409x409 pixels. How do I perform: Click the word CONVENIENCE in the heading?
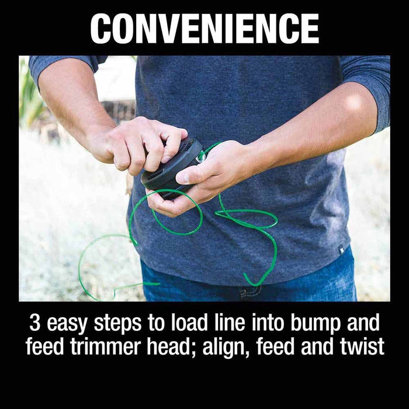pyautogui.click(x=204, y=28)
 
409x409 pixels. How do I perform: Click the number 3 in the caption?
pyautogui.click(x=34, y=323)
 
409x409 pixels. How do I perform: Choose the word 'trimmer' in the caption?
pyautogui.click(x=106, y=346)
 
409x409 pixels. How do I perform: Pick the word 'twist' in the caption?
pyautogui.click(x=361, y=346)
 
